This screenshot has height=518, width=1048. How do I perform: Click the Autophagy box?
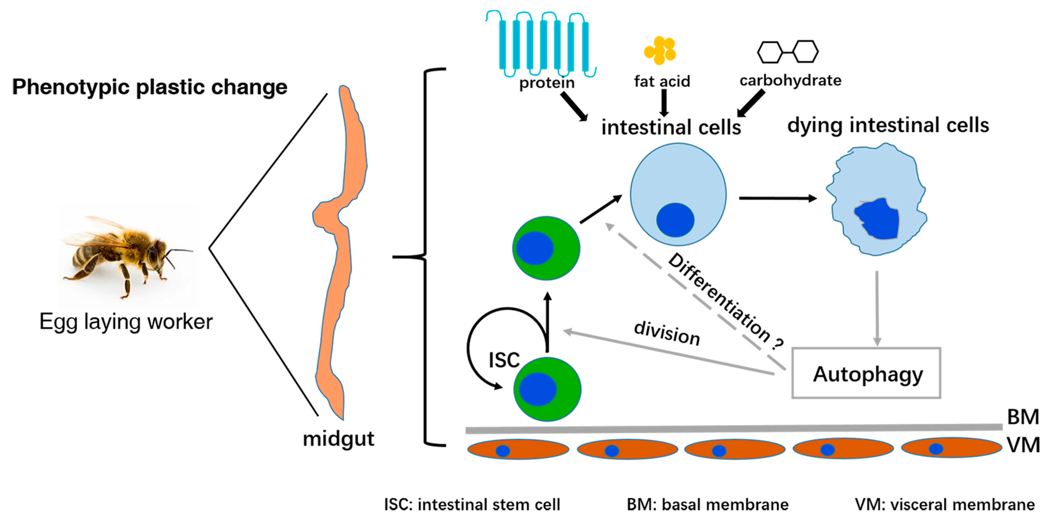tap(866, 373)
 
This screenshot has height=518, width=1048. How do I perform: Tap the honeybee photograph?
tap(128, 256)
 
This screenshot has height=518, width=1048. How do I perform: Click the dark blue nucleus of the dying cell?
tap(877, 219)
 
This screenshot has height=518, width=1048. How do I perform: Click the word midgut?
tap(339, 439)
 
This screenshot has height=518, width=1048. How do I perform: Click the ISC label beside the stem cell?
tap(504, 360)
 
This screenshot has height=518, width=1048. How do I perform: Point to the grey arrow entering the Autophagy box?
tap(877, 308)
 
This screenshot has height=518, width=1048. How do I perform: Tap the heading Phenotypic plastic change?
tap(150, 87)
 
